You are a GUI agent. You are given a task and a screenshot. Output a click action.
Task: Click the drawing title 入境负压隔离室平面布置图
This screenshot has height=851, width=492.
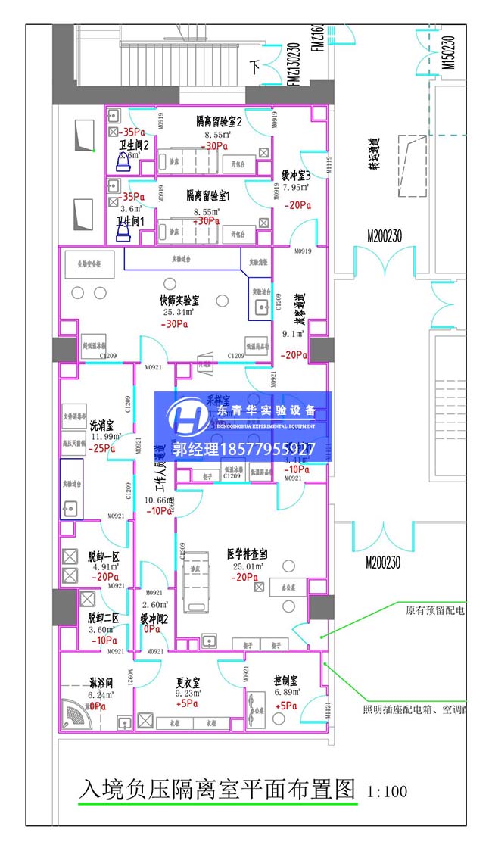(216, 790)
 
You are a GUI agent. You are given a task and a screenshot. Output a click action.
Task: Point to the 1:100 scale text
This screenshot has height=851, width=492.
(387, 792)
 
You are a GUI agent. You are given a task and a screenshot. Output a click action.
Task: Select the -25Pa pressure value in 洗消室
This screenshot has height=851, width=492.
(101, 448)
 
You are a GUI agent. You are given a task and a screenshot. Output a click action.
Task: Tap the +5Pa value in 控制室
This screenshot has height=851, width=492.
(287, 706)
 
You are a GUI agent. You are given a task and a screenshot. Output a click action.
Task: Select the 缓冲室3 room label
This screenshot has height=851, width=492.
(296, 173)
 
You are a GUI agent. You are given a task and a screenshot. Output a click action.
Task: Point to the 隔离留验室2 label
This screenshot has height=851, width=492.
(219, 121)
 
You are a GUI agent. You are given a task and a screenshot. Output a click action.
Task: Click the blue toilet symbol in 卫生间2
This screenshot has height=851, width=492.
(123, 161)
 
